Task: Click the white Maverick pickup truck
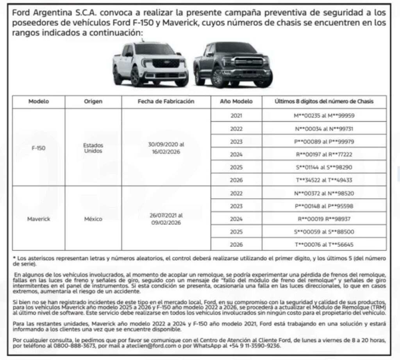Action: click(150, 64)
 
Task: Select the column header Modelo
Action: click(39, 102)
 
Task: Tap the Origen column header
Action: click(93, 102)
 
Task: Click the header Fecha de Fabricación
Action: click(166, 102)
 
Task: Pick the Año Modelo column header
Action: click(236, 102)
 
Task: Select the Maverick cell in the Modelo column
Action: click(39, 219)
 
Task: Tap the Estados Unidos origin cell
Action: click(93, 148)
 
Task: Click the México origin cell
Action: click(93, 219)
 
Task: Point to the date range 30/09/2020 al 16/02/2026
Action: click(166, 148)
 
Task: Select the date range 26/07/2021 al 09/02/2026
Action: click(166, 219)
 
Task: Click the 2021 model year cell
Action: click(236, 116)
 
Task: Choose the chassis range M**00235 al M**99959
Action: click(324, 116)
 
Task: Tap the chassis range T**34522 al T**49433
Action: click(324, 180)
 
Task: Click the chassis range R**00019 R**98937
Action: click(324, 219)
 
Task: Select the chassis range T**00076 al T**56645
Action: click(324, 245)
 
